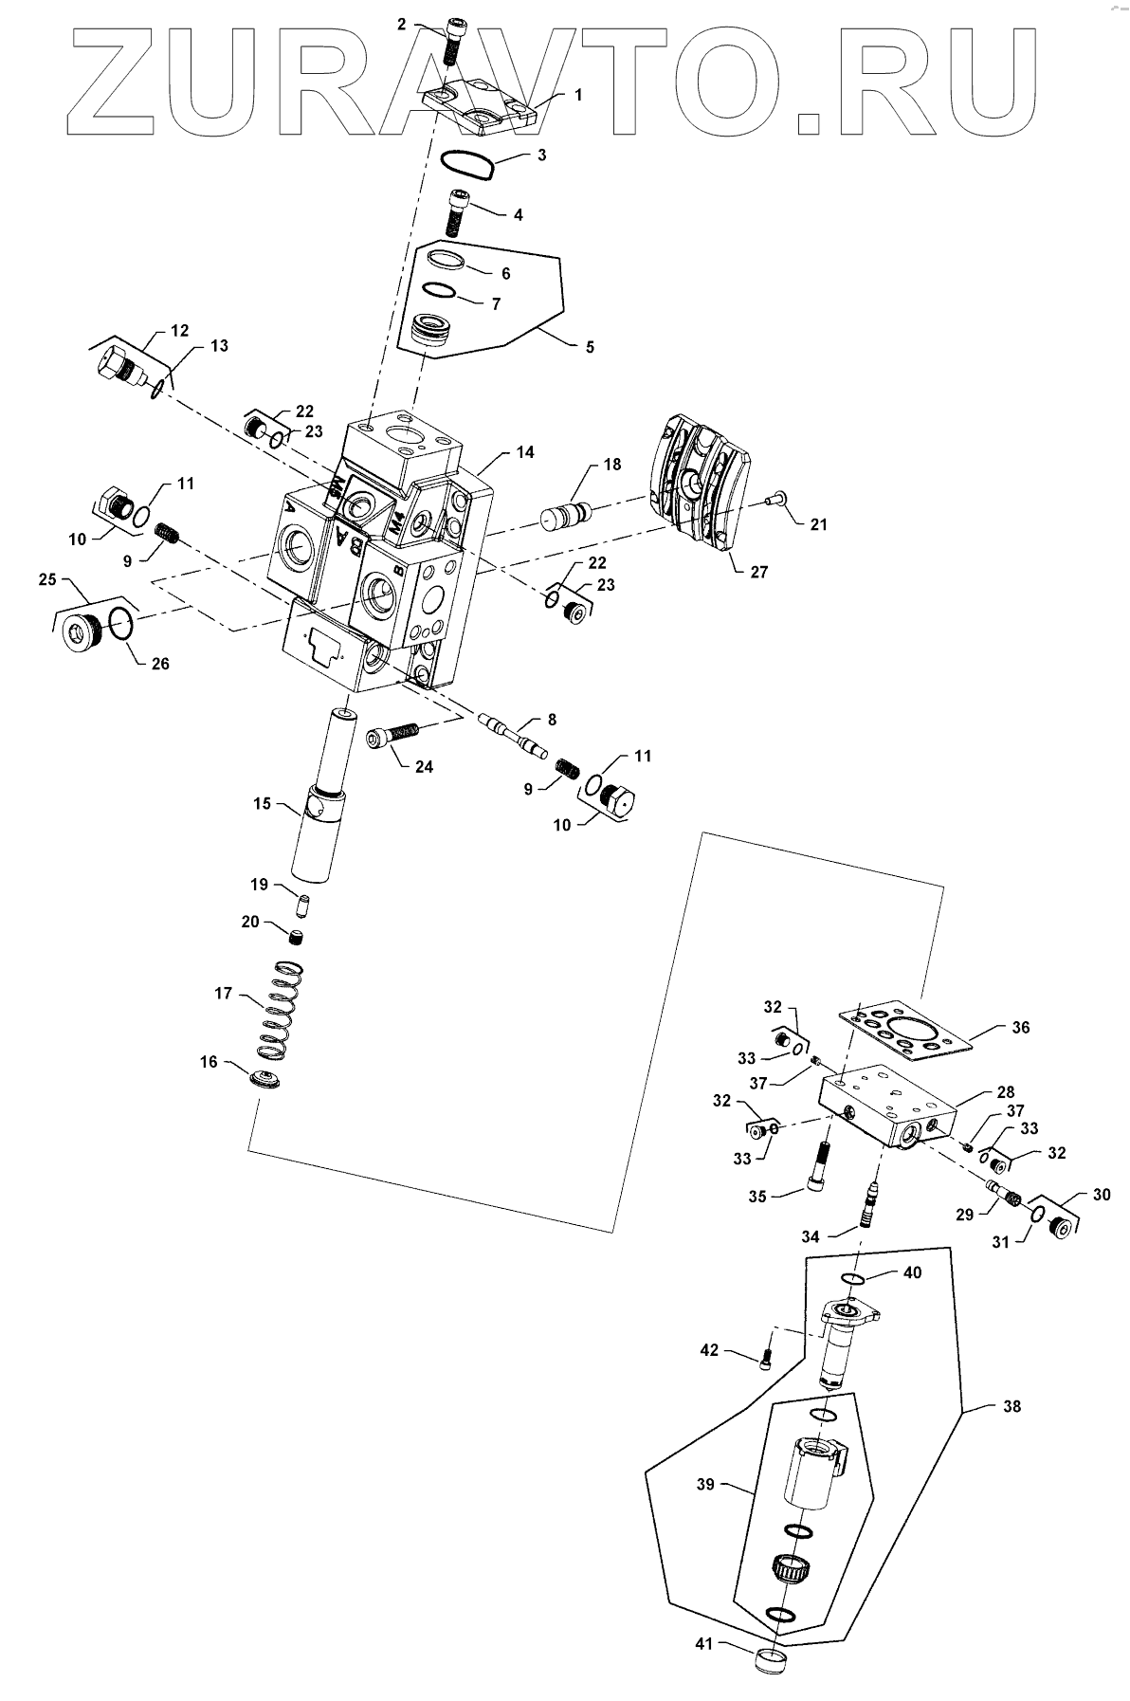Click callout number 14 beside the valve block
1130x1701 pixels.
pos(525,453)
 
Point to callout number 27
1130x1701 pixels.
pos(759,572)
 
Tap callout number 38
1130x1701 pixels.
pos(1012,1406)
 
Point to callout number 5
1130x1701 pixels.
pos(590,347)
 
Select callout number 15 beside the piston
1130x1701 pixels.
pos(261,804)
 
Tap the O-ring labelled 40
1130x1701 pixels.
pos(854,1280)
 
